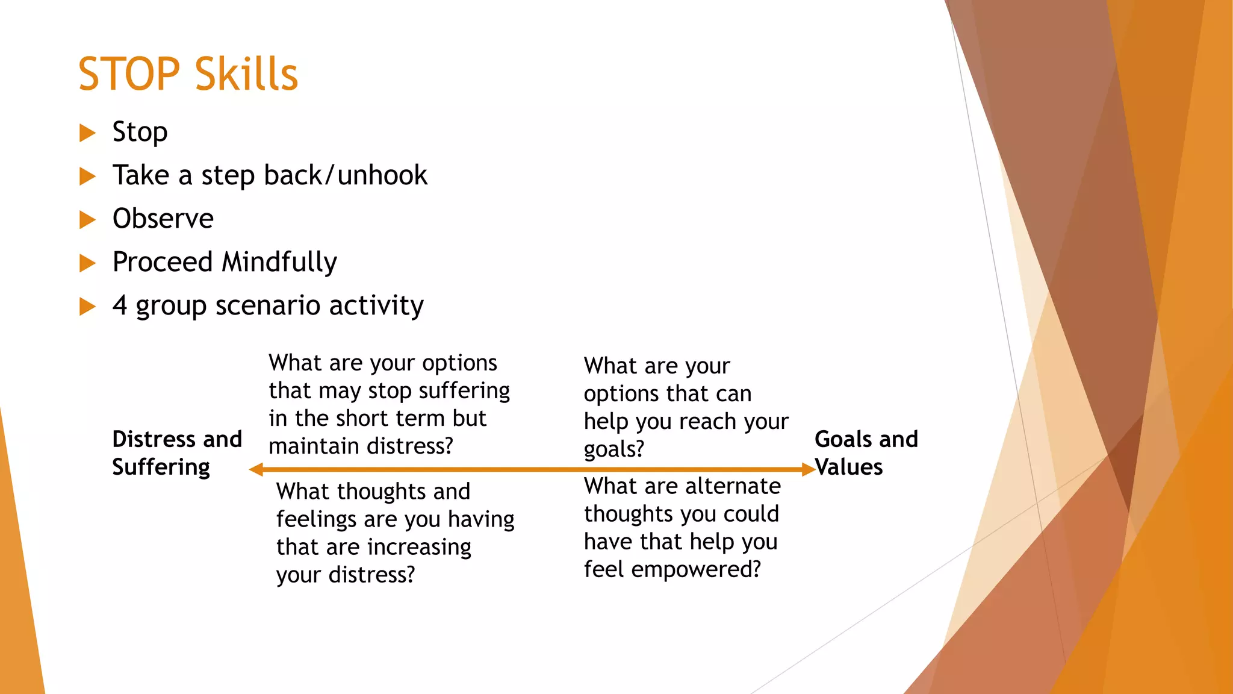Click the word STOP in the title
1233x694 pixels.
pos(129,74)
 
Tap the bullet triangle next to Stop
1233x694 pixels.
pos(87,133)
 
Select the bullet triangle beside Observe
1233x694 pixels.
pos(87,219)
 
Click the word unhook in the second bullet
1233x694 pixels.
pos(382,175)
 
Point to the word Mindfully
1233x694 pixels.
pos(279,263)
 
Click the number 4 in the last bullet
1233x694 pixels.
pos(120,305)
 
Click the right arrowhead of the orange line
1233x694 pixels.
pos(808,469)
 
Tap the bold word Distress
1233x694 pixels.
pos(154,439)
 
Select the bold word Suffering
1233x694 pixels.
pos(161,467)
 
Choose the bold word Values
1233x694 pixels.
pos(849,467)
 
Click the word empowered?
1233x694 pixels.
pos(696,569)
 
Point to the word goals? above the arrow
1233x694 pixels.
pos(613,449)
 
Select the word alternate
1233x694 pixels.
pos(733,486)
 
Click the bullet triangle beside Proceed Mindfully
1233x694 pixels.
pos(87,263)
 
